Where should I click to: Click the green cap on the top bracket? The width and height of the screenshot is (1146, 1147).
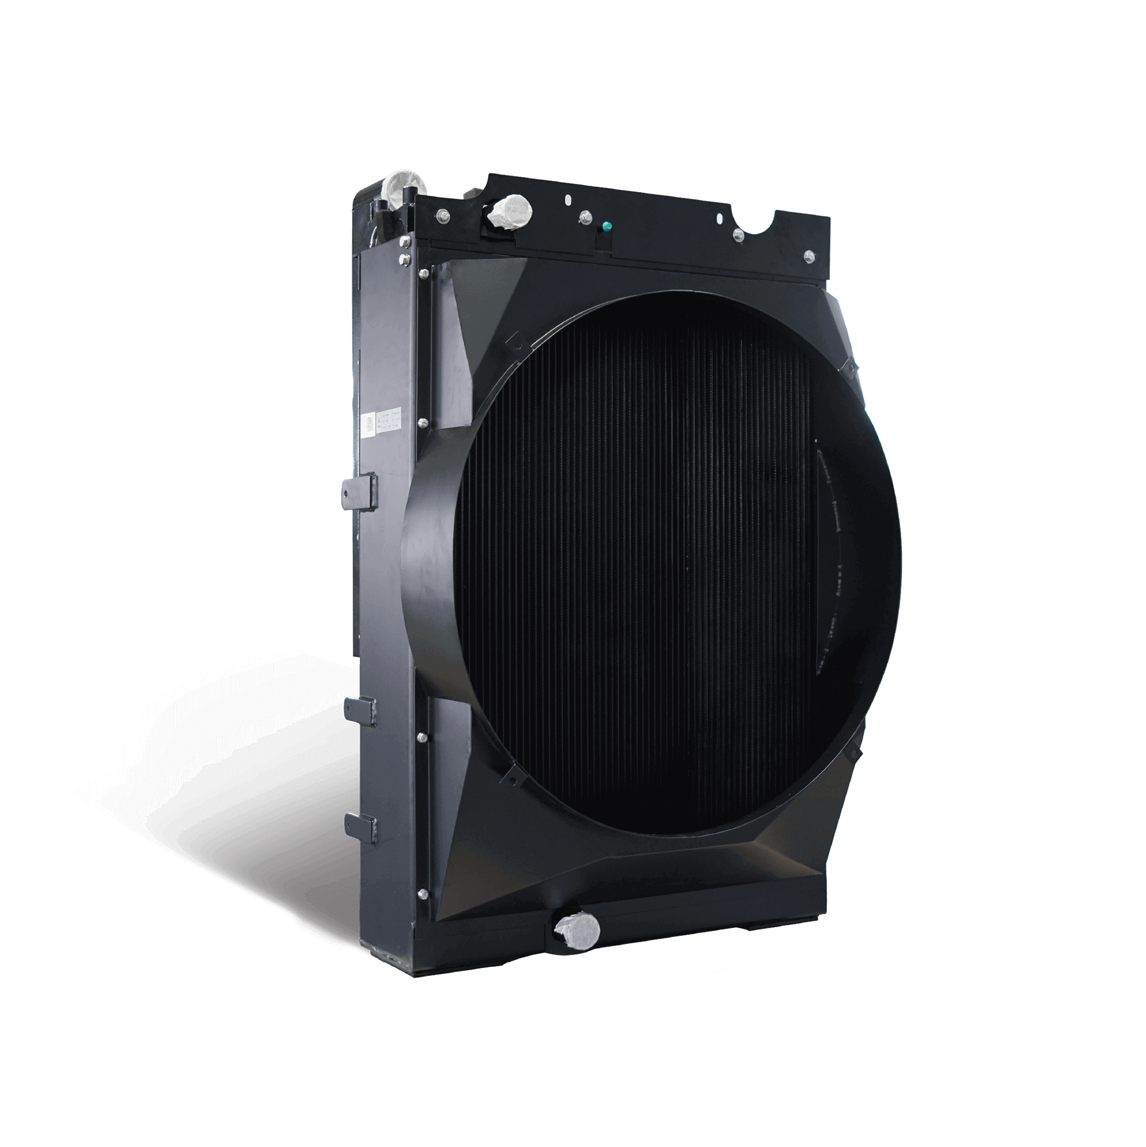click(607, 227)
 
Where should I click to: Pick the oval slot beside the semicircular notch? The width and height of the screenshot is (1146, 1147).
click(725, 219)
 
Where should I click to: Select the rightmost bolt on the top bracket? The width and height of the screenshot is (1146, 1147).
click(809, 256)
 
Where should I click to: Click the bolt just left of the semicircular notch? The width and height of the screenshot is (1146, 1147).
click(738, 235)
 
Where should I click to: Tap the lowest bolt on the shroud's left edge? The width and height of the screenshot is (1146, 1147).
click(423, 910)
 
